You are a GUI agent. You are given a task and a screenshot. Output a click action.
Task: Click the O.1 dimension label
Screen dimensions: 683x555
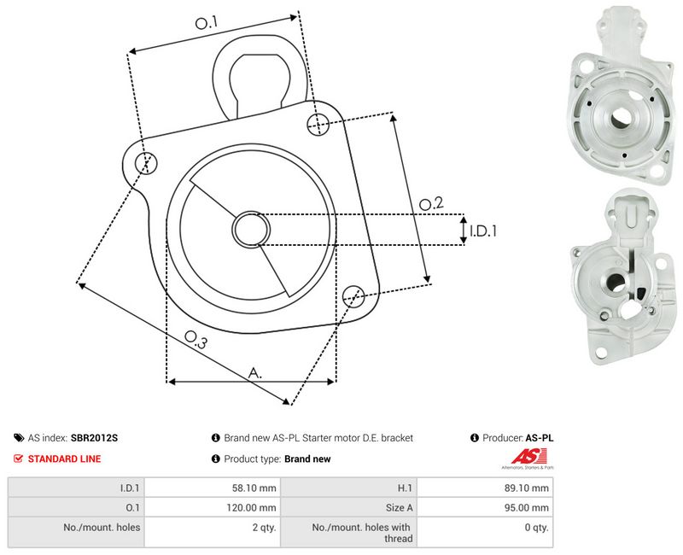point(206,23)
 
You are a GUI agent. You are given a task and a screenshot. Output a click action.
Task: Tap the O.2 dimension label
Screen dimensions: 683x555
point(431,203)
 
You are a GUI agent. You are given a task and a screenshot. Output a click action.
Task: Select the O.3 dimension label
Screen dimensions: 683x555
point(196,340)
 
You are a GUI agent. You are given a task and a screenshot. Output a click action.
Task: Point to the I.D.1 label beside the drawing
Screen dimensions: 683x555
point(483,231)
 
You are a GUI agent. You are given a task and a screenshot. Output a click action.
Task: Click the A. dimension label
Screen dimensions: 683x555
point(255,373)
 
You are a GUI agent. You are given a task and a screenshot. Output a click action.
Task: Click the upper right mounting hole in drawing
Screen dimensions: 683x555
point(318,124)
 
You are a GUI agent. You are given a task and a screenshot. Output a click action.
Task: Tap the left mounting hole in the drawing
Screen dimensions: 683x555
point(145,163)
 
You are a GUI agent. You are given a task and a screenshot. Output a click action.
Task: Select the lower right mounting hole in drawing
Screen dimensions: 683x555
point(353,296)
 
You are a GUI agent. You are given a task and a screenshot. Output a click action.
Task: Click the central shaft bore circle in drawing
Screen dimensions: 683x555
point(251,229)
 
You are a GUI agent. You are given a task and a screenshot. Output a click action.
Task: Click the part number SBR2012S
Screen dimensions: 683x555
point(94,438)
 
